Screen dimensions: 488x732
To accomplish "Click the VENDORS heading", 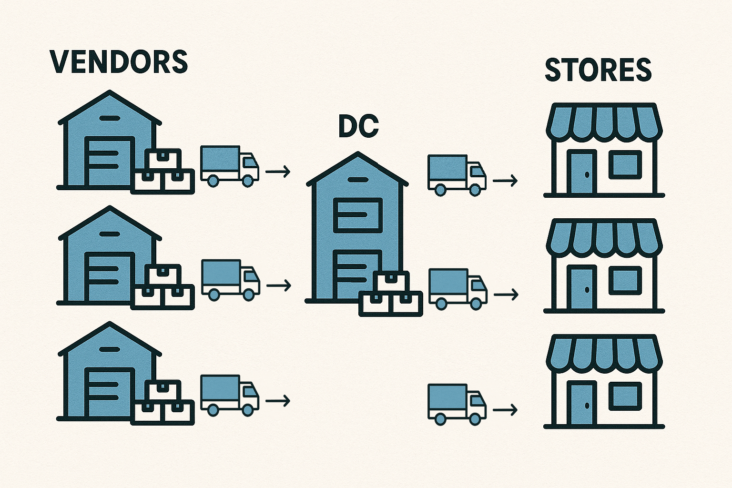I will (x=119, y=62).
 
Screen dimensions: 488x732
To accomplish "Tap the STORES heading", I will (x=598, y=70).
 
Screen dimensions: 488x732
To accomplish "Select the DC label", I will (x=358, y=126).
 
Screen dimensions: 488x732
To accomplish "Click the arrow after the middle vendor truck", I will (x=279, y=285).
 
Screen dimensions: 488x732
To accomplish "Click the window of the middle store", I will (x=625, y=280).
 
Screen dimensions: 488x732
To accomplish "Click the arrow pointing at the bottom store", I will (x=505, y=409).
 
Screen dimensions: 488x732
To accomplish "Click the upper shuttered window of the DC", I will (x=358, y=215).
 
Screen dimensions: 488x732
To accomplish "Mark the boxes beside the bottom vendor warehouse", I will (x=163, y=403).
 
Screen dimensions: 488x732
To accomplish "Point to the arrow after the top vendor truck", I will (x=278, y=171).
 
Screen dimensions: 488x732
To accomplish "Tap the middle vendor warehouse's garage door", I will (x=109, y=277).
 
